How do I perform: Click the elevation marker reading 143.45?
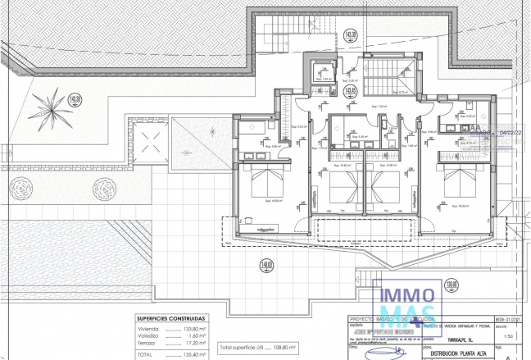coord(351,90)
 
